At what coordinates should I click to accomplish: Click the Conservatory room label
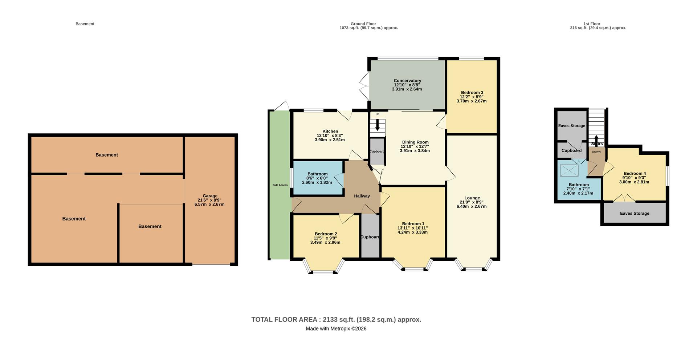tap(407, 81)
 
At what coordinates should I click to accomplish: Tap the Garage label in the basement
tap(210, 196)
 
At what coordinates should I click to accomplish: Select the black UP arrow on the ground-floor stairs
tap(378, 125)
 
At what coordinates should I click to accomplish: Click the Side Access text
tap(280, 185)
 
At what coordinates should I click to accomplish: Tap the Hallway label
tap(362, 196)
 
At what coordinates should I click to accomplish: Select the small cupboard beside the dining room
tap(377, 151)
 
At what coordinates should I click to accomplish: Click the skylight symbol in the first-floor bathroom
tap(569, 170)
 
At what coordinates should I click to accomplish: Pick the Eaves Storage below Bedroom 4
tap(634, 213)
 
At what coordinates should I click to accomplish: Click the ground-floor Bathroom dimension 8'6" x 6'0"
tap(317, 178)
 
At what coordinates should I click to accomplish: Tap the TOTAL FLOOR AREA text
tap(336, 320)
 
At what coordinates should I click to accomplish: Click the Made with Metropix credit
tap(336, 329)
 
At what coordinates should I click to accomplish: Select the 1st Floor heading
tap(592, 24)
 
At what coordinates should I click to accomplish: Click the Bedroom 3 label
tap(472, 93)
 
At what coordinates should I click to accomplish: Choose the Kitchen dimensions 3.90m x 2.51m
tap(330, 139)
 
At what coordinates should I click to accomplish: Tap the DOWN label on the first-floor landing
tap(596, 152)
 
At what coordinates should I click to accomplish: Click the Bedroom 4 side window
tap(667, 176)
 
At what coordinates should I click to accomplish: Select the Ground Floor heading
tap(363, 24)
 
